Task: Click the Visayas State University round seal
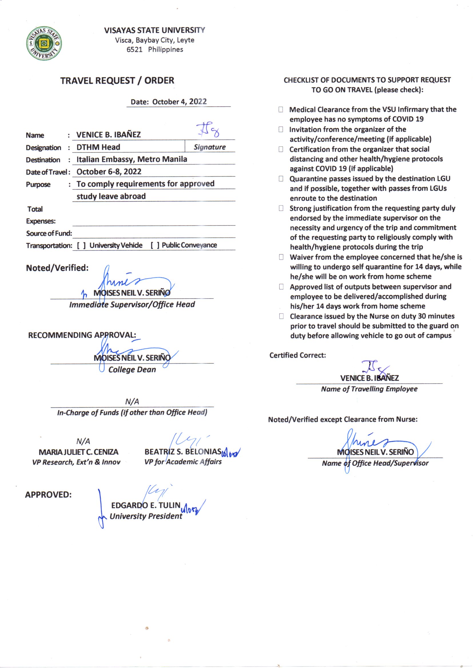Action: tap(44, 43)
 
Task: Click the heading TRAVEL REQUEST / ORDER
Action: tap(117, 81)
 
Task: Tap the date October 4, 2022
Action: tap(179, 102)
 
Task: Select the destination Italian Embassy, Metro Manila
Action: tap(132, 159)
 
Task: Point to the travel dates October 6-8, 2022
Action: tap(109, 172)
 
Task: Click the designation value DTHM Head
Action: tap(98, 147)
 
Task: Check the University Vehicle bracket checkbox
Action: tap(81, 245)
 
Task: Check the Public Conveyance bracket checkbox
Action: tap(155, 245)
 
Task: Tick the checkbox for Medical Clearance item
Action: tap(281, 110)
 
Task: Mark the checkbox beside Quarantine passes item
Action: tap(281, 179)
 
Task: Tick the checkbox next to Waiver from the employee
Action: tap(281, 257)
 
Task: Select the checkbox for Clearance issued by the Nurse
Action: tap(281, 316)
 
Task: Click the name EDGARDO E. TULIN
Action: tap(146, 505)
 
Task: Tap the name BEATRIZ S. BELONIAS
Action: tap(183, 452)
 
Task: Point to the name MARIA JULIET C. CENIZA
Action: tap(78, 452)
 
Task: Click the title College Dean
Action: tap(132, 370)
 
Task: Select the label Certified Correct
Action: tap(297, 355)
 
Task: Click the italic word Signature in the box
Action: tap(210, 147)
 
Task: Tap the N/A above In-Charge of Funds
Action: tap(132, 402)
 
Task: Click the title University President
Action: tap(146, 516)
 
